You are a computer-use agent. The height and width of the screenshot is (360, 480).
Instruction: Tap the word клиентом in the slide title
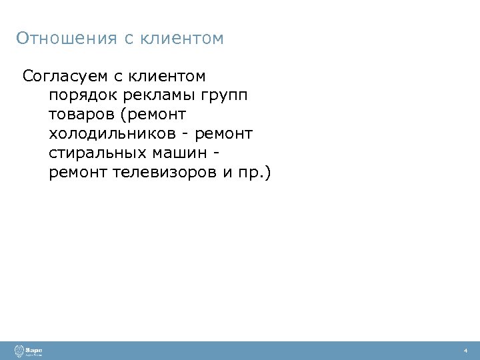[x=182, y=39]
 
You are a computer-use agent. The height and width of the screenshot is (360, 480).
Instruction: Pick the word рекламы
[x=159, y=95]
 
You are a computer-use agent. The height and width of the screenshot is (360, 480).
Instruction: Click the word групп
[x=226, y=95]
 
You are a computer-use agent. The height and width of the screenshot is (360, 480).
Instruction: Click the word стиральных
[x=97, y=153]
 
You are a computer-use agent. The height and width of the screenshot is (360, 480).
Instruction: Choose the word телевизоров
[x=164, y=173]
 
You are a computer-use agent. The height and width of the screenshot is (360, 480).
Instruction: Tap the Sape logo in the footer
[x=29, y=351]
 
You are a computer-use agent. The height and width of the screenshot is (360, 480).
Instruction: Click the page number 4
[x=465, y=351]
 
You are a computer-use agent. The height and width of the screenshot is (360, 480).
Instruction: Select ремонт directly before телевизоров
[x=78, y=173]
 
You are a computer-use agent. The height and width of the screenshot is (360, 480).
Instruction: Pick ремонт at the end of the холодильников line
[x=225, y=134]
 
